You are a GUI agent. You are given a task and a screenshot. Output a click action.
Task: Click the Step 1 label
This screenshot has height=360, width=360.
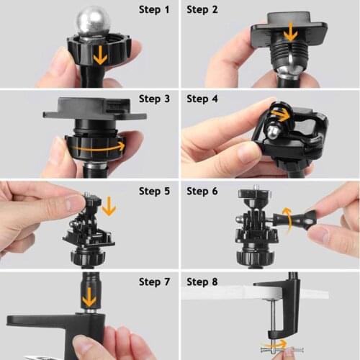coord(155,10)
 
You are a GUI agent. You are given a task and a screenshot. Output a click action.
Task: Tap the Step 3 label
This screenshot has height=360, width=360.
coord(155,99)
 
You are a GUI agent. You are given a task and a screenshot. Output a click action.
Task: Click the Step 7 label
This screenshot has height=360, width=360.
coord(155,282)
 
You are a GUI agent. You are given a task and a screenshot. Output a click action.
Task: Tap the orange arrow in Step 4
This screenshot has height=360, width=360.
coord(279,115)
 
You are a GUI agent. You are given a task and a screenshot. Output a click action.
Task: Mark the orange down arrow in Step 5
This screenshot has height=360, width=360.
coord(109,207)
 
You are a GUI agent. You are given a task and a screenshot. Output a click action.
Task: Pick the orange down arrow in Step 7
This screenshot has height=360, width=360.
coord(89,296)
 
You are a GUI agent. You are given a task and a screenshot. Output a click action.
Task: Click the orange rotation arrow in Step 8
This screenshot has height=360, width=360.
coord(277,345)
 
